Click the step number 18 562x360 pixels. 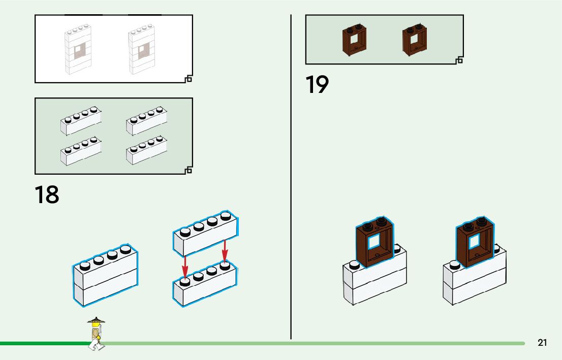(47, 195)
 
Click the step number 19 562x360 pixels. (317, 85)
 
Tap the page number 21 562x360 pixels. (542, 343)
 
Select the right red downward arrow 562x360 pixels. (225, 251)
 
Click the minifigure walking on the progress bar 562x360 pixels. (96, 334)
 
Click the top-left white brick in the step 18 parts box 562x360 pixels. (81, 121)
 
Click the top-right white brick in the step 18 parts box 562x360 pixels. (147, 121)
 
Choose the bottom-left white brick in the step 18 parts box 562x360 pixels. (81, 151)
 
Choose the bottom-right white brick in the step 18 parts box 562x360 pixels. (147, 151)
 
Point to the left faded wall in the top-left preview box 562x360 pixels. (78, 50)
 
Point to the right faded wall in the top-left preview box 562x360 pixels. (141, 50)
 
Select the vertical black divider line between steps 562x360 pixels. (291, 178)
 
